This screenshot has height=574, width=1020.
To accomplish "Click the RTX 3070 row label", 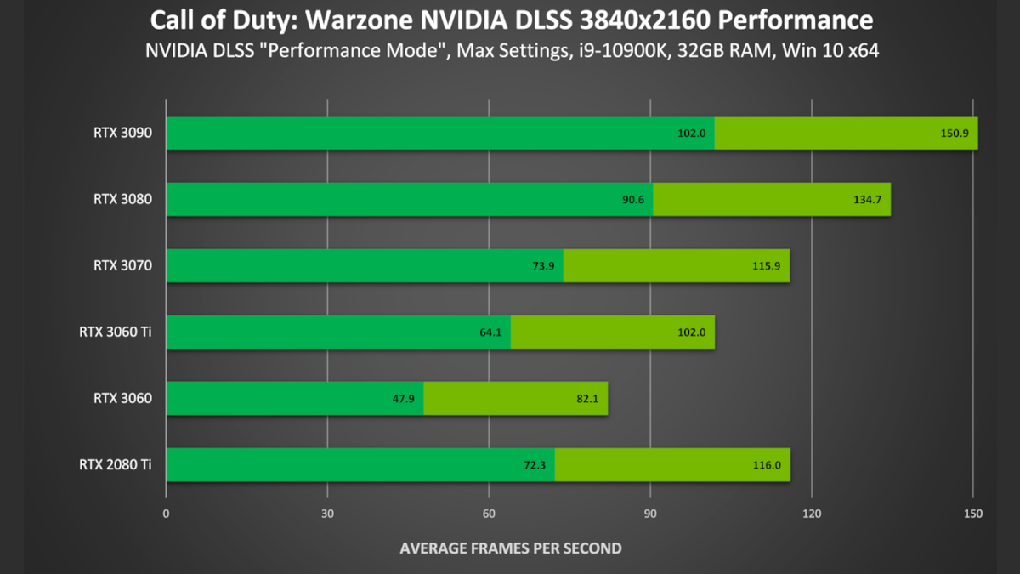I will [x=123, y=265].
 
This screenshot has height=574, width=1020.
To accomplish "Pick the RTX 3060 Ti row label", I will [x=116, y=332].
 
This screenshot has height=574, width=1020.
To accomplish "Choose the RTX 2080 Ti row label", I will [x=116, y=464].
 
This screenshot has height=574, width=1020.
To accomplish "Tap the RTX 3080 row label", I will [x=123, y=200].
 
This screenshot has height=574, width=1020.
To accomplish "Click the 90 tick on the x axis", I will [x=650, y=514].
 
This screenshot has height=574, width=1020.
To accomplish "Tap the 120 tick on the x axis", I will [x=812, y=514].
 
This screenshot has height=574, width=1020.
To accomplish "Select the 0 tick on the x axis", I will [x=167, y=514].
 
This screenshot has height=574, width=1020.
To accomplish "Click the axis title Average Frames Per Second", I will [x=510, y=548].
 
